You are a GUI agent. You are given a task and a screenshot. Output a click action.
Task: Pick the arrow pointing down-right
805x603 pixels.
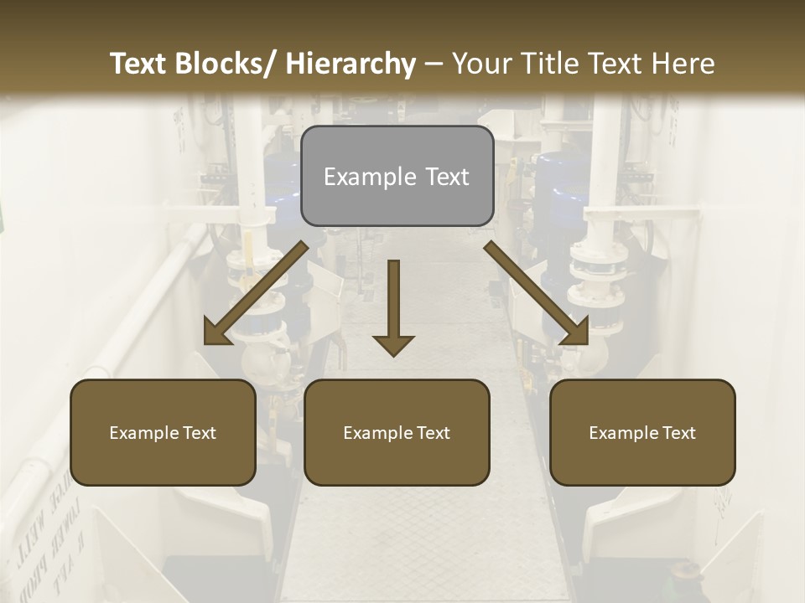[x=537, y=294]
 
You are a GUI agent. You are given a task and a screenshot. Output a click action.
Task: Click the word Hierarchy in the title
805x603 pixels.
[x=351, y=64]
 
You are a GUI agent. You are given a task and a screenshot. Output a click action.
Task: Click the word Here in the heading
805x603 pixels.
[x=683, y=64]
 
